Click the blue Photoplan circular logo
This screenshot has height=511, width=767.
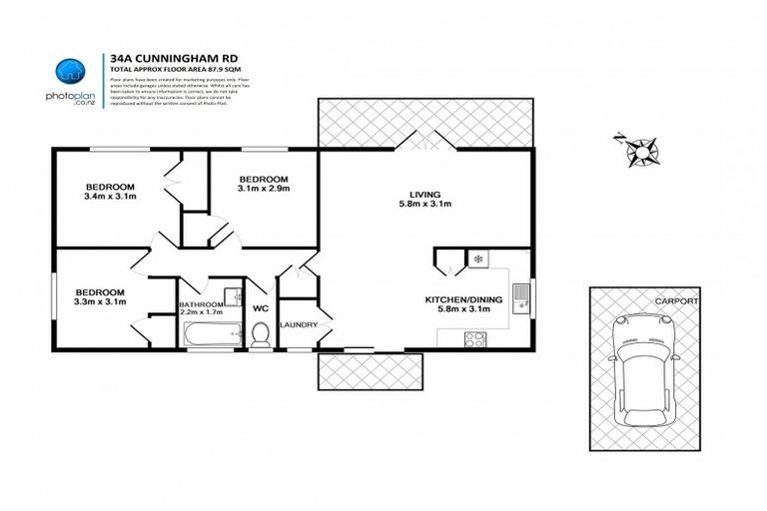69,69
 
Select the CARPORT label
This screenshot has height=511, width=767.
674,299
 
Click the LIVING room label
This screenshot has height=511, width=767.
424,195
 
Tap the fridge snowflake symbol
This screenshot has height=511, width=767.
478,259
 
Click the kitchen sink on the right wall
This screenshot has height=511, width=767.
520,296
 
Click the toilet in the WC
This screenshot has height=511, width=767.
261,334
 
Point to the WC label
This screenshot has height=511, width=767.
261,308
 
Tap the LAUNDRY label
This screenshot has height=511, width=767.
299,324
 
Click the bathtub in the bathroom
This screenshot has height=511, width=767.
211,334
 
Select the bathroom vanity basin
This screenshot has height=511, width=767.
232,295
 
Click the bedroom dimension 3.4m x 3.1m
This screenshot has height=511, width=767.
110,197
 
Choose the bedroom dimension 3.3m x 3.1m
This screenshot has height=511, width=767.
101,301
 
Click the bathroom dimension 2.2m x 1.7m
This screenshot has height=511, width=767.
202,312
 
